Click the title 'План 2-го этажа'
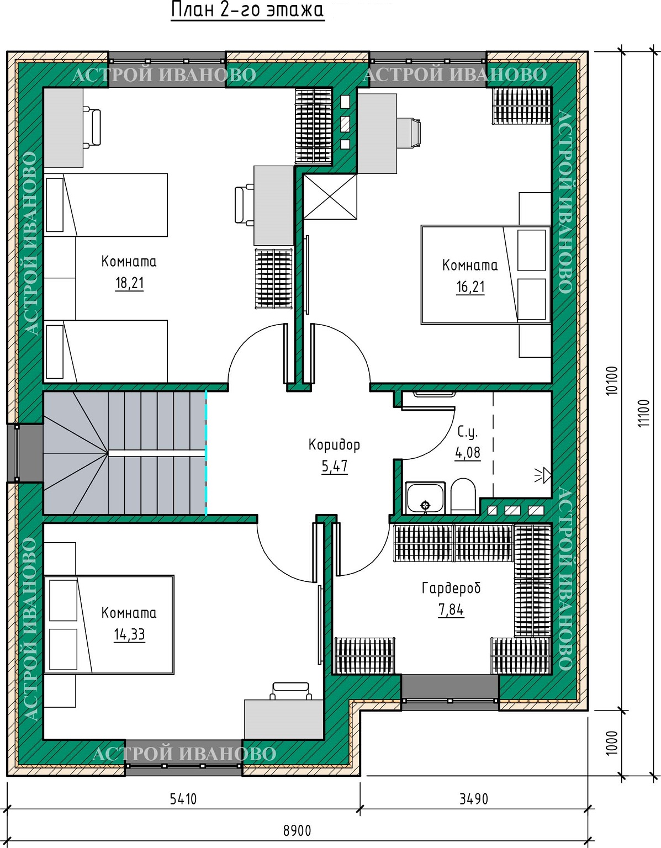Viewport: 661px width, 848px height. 247,10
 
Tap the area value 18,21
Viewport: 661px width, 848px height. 130,283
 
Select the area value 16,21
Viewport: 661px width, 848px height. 470,287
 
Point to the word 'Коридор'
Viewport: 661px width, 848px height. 335,444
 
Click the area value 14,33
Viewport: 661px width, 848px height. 130,634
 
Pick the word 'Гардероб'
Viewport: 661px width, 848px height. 451,588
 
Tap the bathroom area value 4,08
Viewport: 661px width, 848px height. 468,453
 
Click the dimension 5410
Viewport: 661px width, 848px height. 183,799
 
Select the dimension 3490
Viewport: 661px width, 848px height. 474,799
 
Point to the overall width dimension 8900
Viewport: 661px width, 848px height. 297,831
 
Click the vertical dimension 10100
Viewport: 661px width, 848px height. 612,380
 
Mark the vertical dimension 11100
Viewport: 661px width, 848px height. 644,412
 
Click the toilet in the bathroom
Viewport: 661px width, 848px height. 463,496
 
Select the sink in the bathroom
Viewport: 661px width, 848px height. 425,498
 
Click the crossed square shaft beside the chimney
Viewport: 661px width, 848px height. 330,197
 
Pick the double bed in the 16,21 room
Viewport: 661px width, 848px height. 486,275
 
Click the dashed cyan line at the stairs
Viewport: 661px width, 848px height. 206,453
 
